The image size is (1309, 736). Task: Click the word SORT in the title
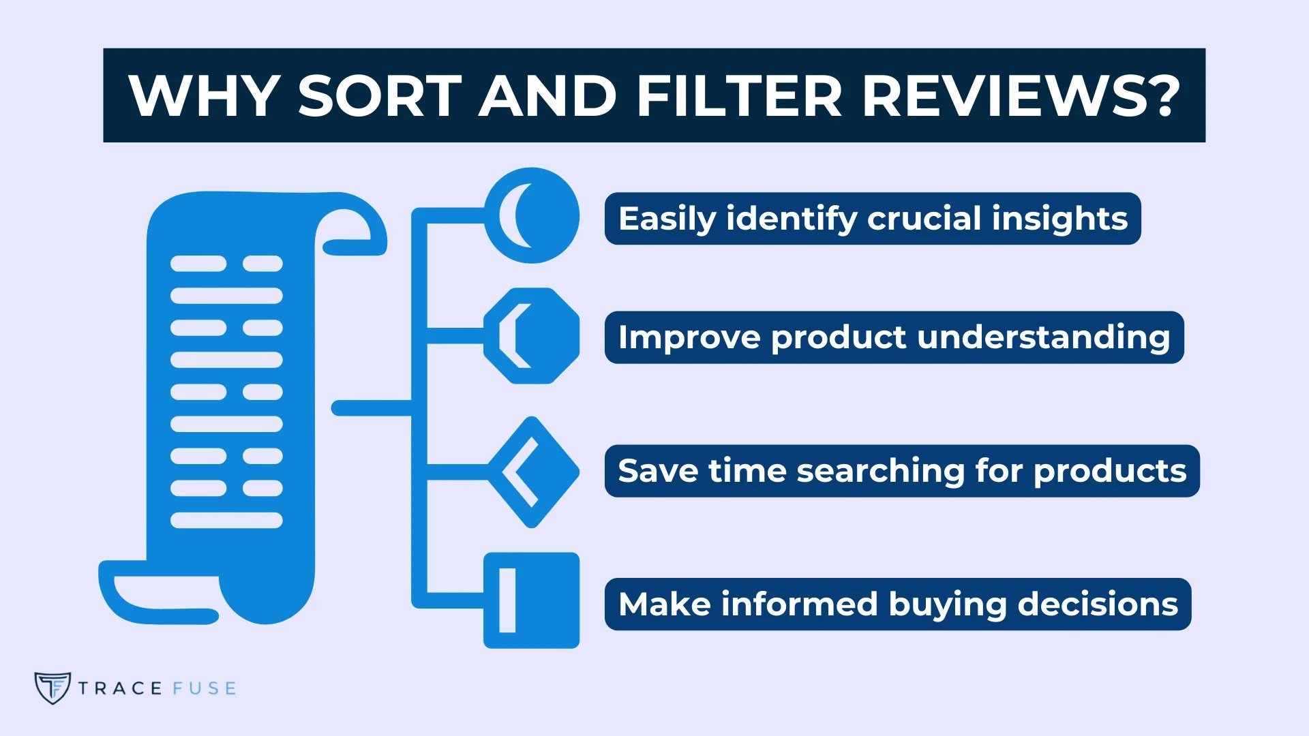(380, 95)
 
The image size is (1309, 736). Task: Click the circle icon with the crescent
(532, 215)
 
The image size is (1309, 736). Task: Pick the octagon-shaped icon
(532, 335)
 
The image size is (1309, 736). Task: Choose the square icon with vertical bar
(531, 600)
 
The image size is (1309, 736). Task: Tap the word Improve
(689, 338)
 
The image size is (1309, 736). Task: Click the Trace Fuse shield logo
(52, 688)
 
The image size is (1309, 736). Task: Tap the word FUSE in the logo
(205, 688)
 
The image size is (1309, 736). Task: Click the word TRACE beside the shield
(120, 688)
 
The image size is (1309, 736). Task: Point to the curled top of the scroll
(351, 228)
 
